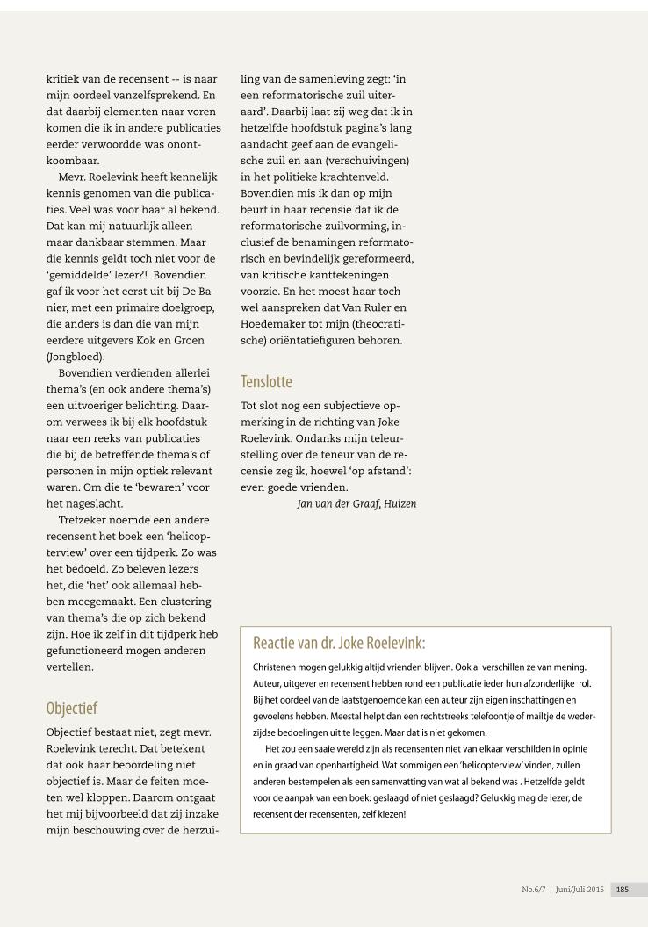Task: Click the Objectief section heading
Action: point(72,708)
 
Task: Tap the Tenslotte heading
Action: point(266,381)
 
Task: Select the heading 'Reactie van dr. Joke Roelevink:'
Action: point(339,642)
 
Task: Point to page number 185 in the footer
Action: point(623,889)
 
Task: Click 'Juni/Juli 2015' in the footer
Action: point(579,889)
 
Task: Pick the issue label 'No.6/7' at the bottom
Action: point(535,889)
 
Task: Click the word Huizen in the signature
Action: point(399,503)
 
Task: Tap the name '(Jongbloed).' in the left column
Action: point(75,357)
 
